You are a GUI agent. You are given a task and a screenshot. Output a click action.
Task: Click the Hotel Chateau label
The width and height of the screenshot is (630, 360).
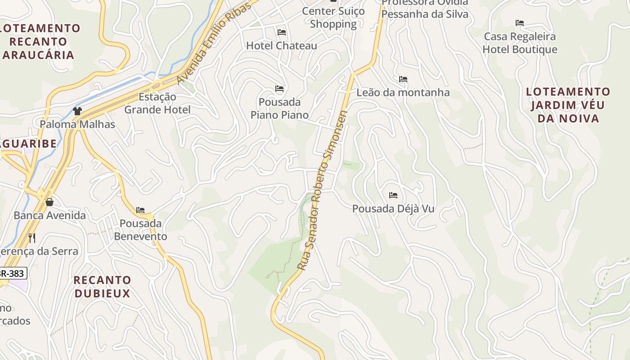[x=281, y=45]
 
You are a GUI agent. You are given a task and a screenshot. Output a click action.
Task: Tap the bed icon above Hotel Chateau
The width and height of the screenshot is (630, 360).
[x=282, y=32]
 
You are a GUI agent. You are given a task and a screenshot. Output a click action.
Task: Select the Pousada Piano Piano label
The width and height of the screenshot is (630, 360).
[x=279, y=108]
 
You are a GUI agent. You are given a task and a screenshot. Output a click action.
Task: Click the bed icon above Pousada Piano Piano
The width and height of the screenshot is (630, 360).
[x=279, y=89]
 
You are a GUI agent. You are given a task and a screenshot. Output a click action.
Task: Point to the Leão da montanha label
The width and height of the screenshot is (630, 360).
[x=403, y=92]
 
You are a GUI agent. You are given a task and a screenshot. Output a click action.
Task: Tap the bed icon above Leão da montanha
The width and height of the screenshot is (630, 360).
[x=403, y=80]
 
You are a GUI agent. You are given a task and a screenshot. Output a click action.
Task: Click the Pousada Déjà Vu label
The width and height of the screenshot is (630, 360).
[x=393, y=209]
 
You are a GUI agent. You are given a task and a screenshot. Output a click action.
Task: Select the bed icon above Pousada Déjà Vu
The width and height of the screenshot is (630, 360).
[x=393, y=195]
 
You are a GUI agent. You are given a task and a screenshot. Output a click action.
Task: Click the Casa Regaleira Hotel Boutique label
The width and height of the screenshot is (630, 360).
[x=520, y=43]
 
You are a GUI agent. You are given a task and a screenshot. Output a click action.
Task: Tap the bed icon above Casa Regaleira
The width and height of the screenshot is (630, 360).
[x=520, y=23]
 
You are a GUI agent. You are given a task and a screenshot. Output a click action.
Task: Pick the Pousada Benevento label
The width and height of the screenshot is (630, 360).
[x=140, y=229]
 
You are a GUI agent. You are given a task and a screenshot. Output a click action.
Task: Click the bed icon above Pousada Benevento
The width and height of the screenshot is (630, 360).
[x=140, y=210]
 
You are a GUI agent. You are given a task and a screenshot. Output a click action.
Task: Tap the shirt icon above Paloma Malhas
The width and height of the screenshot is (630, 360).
[x=77, y=111]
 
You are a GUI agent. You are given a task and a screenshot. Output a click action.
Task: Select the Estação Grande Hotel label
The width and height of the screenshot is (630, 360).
[x=157, y=103]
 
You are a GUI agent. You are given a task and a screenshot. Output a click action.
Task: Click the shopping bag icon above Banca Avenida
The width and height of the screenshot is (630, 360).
[x=49, y=202]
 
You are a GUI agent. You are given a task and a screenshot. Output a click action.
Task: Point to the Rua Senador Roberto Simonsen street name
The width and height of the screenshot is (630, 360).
[x=323, y=190]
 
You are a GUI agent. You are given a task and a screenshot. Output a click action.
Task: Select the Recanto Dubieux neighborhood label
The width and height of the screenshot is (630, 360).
[x=102, y=287]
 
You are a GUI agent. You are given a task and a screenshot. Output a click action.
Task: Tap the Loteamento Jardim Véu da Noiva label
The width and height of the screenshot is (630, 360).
[x=568, y=105]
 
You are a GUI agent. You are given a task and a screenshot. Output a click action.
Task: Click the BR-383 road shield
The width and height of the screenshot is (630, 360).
[x=13, y=273]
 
